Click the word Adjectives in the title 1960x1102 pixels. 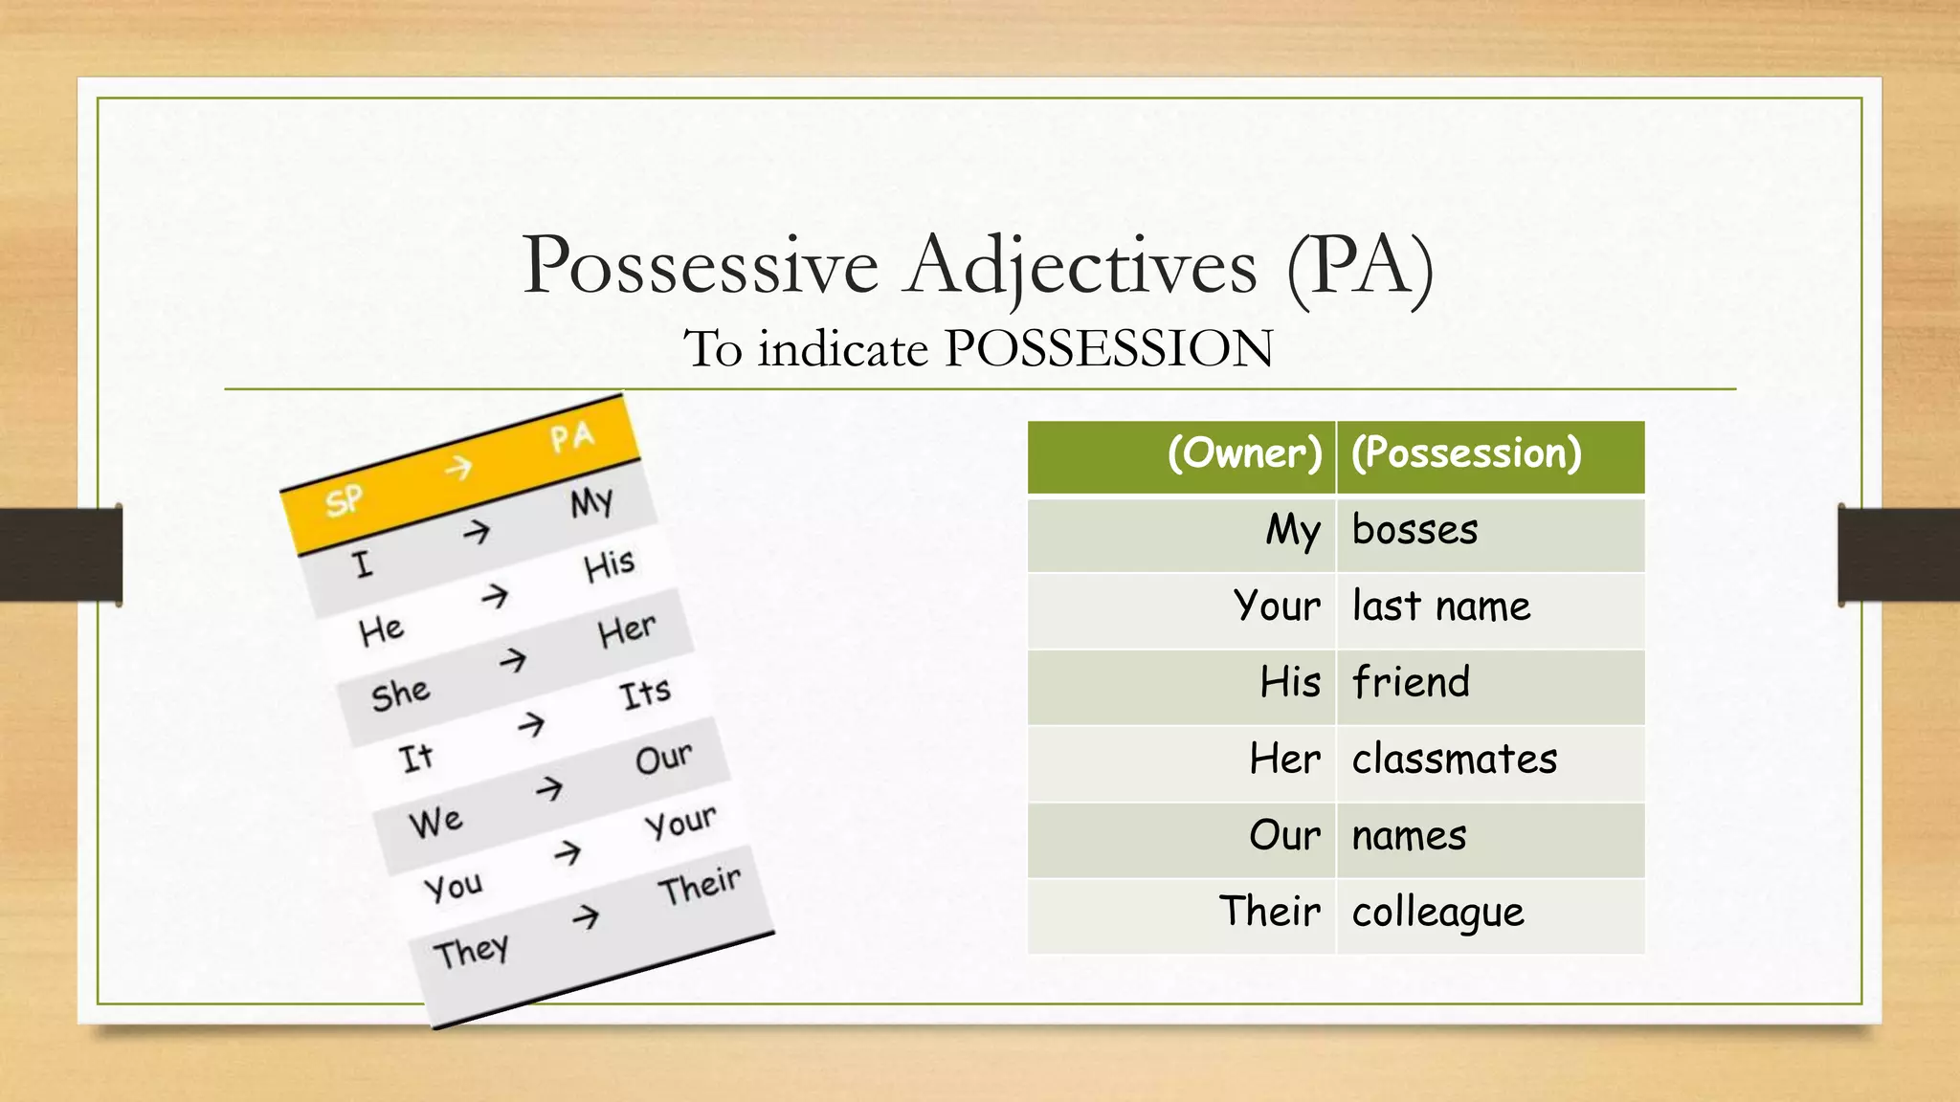(1081, 267)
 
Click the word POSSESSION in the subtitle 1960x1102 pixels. (1108, 348)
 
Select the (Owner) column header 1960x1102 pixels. (1244, 453)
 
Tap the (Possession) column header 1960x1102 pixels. (1466, 453)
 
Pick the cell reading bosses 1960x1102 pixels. (1414, 530)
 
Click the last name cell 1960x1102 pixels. (1440, 606)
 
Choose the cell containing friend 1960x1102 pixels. (1411, 683)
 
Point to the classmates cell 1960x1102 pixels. (1454, 760)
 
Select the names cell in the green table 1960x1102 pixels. (1409, 836)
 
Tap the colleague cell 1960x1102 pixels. (1437, 913)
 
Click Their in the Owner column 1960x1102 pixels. (1269, 912)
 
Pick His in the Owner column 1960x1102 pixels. (1289, 683)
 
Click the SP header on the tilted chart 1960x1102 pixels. (344, 500)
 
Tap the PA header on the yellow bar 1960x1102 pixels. (572, 438)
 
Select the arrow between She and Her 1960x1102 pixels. (513, 660)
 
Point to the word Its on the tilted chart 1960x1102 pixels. (645, 694)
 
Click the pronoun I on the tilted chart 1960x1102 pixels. (362, 564)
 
